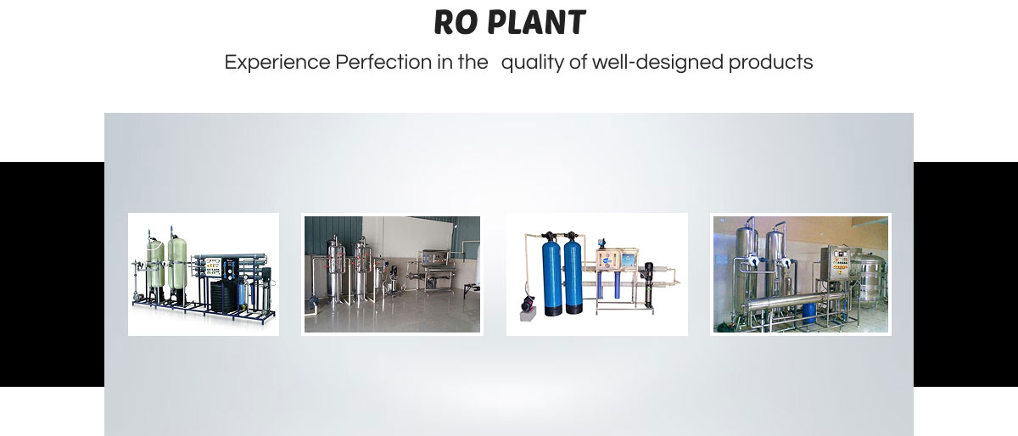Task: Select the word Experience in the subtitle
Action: point(277,62)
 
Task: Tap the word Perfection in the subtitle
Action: point(383,62)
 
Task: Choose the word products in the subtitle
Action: point(771,63)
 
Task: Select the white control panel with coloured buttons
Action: point(213,266)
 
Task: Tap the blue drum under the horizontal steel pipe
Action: point(809,313)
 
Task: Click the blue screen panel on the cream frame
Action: point(629,260)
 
